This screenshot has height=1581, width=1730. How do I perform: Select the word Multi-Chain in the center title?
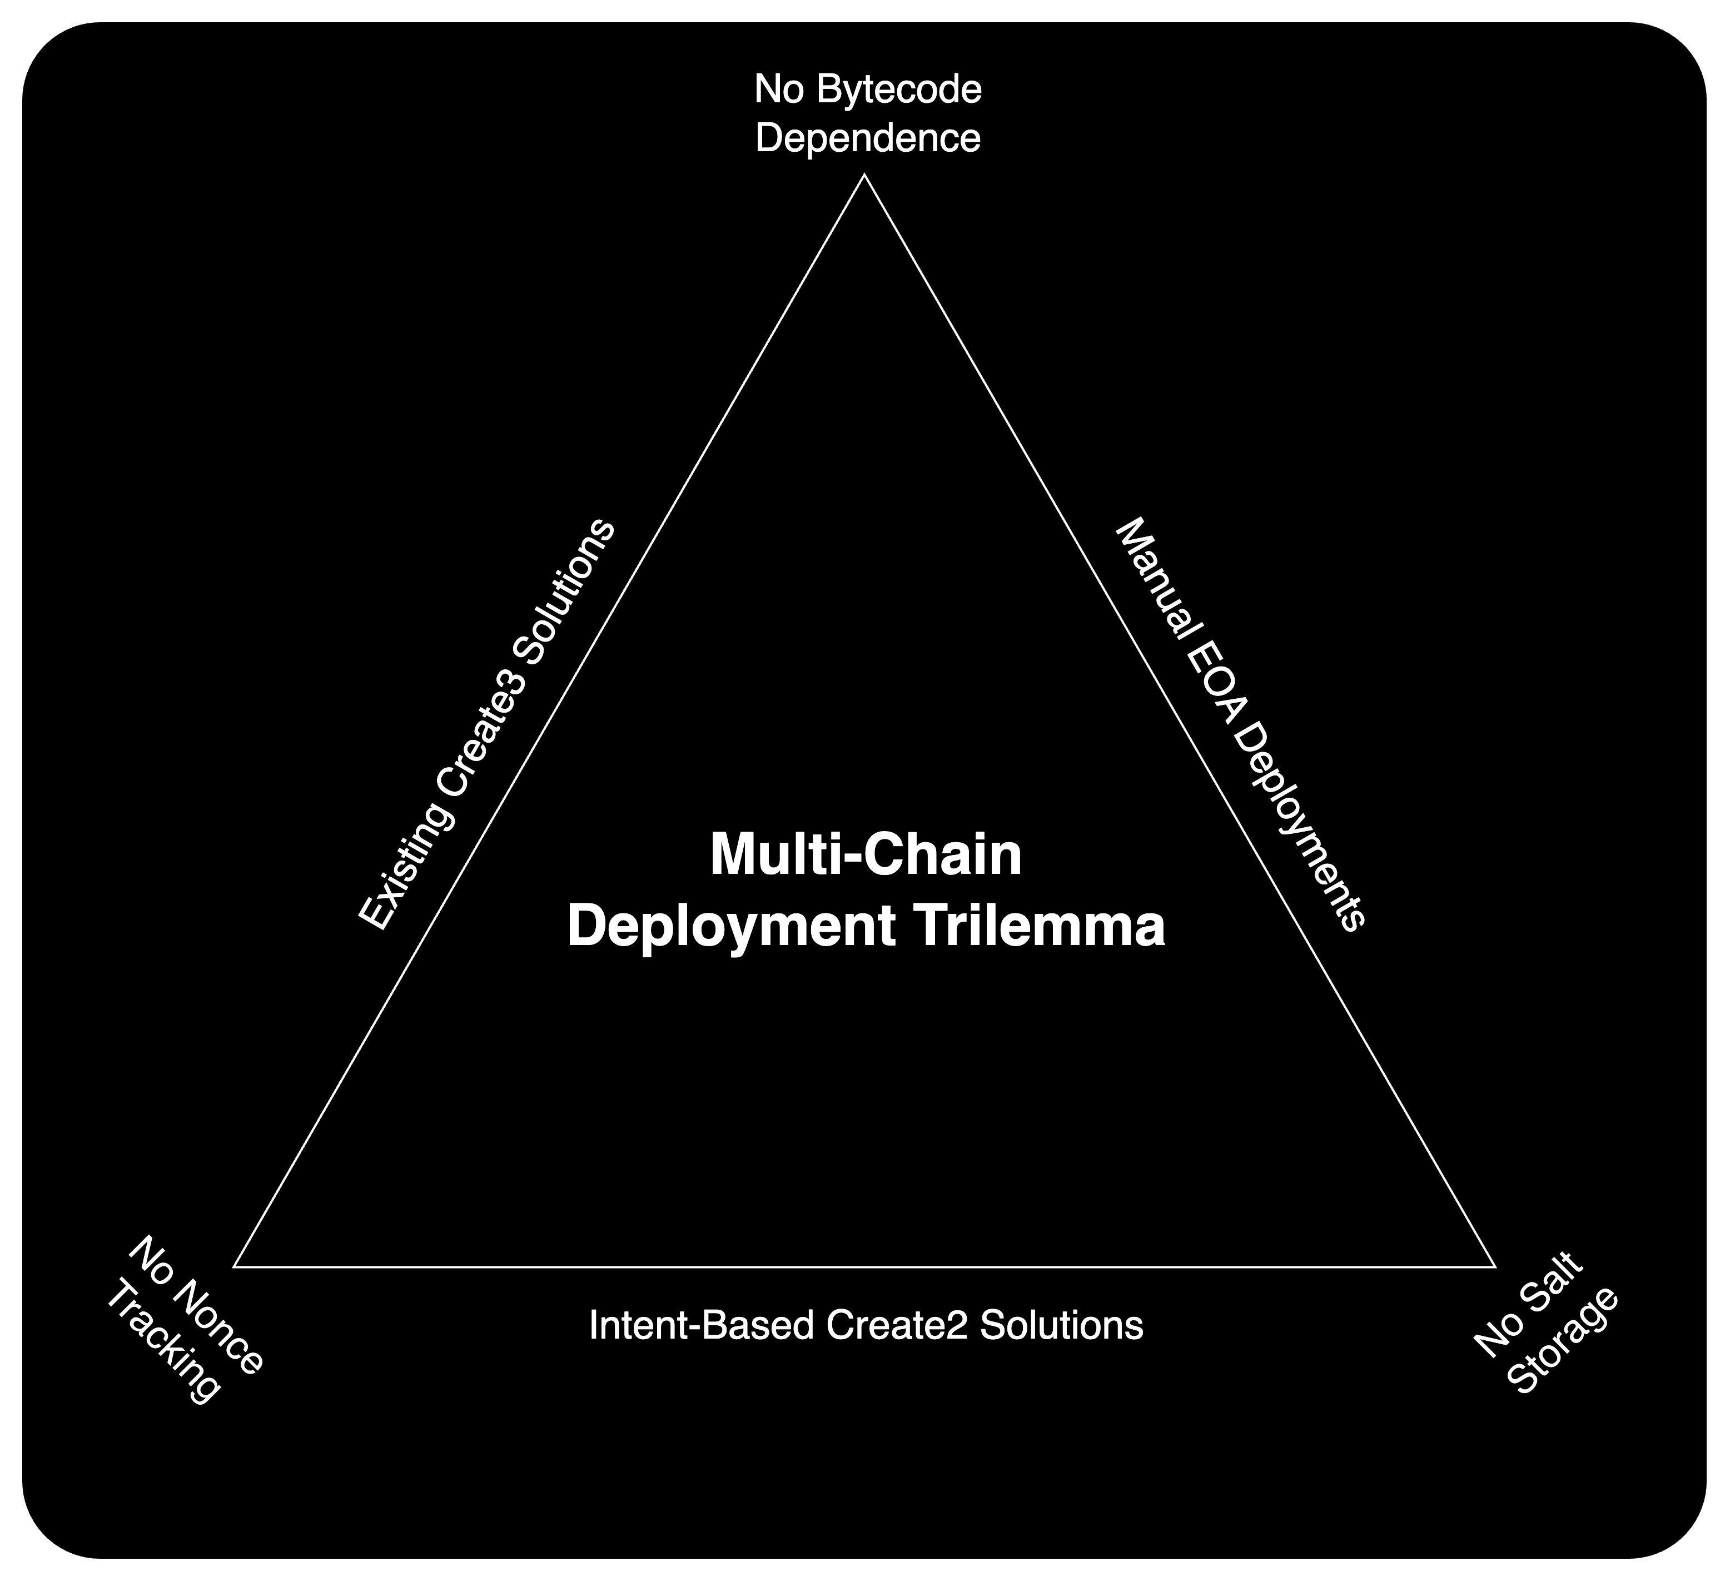click(x=866, y=856)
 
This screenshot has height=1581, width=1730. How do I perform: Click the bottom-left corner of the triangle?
click(x=234, y=1266)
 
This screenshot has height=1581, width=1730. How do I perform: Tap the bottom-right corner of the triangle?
click(x=1496, y=1266)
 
